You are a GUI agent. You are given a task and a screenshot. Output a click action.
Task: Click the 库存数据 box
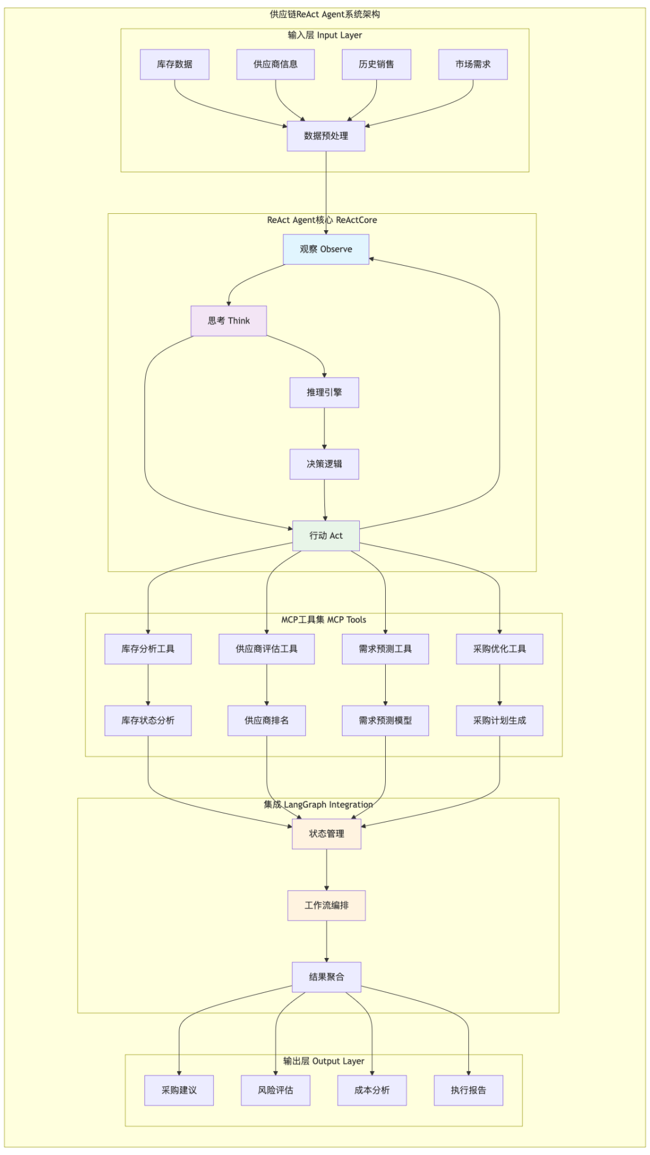175,64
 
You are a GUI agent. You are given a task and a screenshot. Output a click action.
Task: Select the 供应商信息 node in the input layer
275,64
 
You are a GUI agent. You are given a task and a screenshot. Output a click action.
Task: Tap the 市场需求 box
472,64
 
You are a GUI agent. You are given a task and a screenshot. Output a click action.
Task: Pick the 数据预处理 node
326,136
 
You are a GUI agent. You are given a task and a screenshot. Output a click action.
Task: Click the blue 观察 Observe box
326,249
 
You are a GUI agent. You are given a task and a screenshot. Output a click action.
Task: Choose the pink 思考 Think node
229,321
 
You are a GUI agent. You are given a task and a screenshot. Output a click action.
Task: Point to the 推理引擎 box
324,393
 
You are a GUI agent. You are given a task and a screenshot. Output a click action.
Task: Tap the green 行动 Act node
326,536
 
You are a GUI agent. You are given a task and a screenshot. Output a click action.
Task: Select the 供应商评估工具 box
267,649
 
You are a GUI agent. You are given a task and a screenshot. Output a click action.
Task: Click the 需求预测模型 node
385,721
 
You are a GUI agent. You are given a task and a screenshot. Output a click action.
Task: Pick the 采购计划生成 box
499,721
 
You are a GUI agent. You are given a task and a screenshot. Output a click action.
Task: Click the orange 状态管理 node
326,834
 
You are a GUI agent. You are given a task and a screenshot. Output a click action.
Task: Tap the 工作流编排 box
326,906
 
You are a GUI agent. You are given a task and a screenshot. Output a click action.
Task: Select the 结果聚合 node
326,977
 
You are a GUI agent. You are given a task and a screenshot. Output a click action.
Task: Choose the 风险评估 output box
275,1091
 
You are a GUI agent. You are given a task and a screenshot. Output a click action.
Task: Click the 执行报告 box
468,1091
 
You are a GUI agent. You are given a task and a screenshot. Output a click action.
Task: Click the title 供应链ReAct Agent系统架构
324,14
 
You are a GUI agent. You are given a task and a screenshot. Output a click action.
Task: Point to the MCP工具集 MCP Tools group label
323,620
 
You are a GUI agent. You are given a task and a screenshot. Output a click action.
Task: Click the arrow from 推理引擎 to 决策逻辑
324,428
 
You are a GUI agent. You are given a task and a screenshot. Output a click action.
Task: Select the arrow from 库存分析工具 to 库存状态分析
148,685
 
